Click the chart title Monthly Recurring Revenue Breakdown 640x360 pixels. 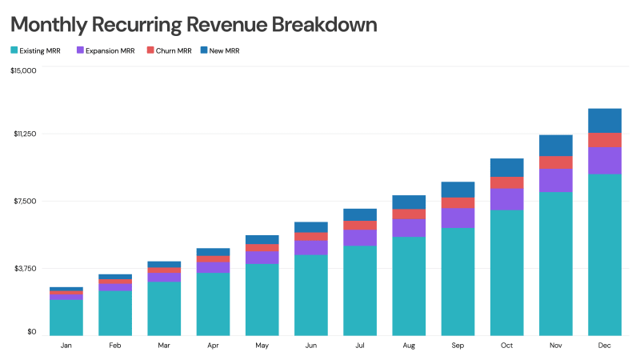tap(194, 25)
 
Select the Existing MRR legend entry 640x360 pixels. tap(36, 50)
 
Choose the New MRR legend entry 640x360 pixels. tap(219, 50)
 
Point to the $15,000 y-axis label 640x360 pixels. tap(23, 71)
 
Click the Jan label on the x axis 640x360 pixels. tap(66, 346)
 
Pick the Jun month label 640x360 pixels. tap(311, 346)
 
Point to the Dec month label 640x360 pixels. tap(605, 346)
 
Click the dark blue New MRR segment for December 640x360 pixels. tap(605, 120)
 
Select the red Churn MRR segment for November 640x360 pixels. tap(556, 162)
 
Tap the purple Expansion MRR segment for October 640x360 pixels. tap(506, 199)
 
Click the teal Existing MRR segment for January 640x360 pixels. tap(66, 317)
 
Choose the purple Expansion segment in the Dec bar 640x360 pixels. tap(605, 160)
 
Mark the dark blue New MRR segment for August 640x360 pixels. tap(409, 202)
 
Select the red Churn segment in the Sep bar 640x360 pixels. tap(458, 202)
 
